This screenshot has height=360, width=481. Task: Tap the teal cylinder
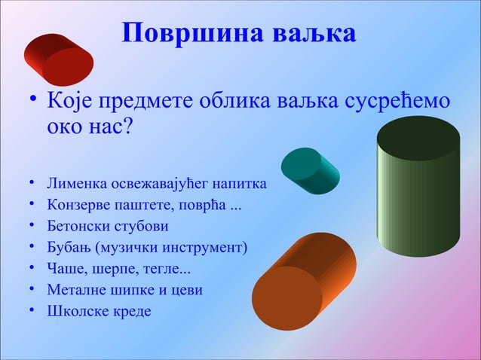(310, 170)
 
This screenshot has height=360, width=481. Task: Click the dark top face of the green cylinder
(418, 138)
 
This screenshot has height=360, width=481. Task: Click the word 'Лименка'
(78, 183)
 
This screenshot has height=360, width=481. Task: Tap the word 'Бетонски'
(80, 225)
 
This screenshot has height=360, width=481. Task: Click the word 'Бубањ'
(69, 246)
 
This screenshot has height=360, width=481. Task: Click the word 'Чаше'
(66, 268)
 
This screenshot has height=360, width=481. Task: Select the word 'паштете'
(149, 204)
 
